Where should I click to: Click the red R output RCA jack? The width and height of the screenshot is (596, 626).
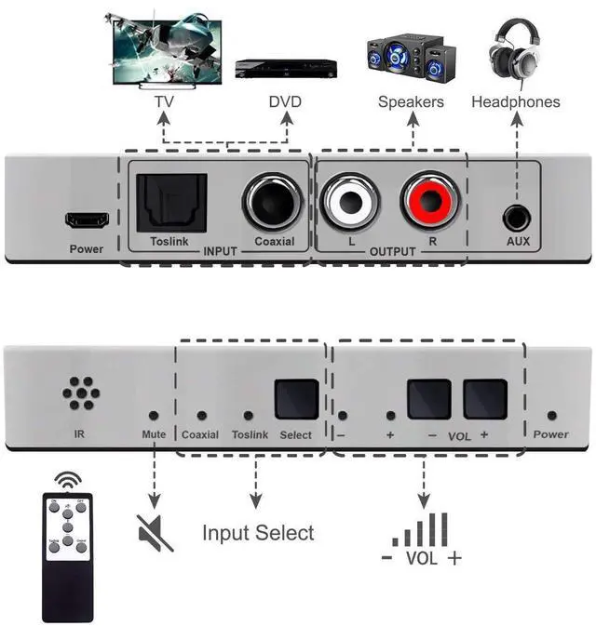pos(431,202)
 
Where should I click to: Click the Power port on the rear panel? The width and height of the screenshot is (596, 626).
pos(87,221)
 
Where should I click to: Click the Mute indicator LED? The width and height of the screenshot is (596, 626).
pos(154,416)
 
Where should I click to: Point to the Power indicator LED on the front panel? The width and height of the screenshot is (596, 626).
pos(552,416)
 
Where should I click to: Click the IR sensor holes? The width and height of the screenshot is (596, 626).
pos(81,393)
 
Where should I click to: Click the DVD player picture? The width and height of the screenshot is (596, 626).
pos(284,68)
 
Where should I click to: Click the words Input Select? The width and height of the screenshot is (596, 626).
pos(258,533)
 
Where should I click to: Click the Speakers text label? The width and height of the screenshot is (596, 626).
pos(411,101)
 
